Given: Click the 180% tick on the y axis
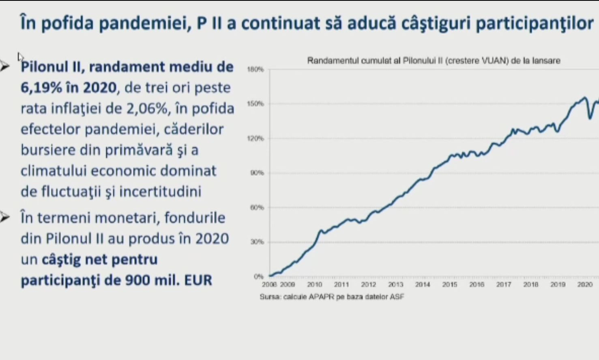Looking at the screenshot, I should [x=255, y=69].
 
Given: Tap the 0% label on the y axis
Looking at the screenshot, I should [x=259, y=276].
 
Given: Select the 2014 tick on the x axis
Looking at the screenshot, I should [x=423, y=285].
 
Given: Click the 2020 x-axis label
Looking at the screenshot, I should [x=585, y=285].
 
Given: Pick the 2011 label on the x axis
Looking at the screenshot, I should [x=341, y=285].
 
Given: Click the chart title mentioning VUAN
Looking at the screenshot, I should [x=434, y=61].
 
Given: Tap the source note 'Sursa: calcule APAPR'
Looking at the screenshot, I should [x=332, y=297].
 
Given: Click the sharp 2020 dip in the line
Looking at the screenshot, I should [x=590, y=118].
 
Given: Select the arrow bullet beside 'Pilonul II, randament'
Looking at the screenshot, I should [x=4, y=67].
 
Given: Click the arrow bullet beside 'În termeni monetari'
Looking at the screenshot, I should [x=4, y=218].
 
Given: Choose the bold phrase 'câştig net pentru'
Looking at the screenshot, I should [x=100, y=259].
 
